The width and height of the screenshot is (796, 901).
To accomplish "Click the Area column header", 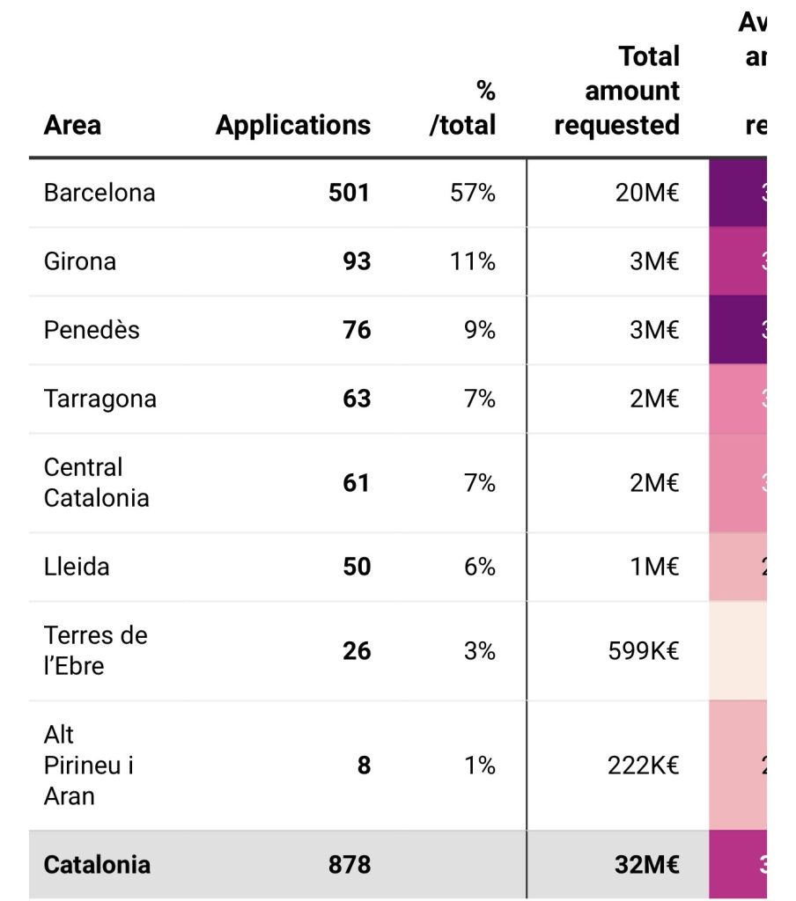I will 72,125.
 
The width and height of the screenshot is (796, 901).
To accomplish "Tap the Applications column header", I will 292,125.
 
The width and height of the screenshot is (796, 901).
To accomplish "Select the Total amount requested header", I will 617,91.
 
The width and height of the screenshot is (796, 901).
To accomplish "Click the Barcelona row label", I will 99,193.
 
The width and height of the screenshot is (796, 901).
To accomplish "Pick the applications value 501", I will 349,193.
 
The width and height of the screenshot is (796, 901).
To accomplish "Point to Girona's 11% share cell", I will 473,261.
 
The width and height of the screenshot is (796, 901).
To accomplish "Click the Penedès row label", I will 92,330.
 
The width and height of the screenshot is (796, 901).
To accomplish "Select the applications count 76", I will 357,330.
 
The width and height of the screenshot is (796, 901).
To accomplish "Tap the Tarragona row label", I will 100,399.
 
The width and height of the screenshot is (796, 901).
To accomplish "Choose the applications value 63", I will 357,399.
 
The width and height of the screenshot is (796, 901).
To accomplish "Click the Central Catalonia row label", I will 96,482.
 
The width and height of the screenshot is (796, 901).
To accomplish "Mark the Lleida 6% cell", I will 480,567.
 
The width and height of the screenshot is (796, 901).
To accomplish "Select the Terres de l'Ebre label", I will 95,650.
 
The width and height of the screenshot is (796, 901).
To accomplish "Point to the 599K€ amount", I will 644,651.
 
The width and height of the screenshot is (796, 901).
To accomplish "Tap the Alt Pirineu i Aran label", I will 88,765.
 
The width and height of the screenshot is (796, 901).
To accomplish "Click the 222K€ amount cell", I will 644,765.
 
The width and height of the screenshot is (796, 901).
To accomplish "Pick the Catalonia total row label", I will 97,864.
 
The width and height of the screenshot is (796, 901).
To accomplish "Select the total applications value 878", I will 350,864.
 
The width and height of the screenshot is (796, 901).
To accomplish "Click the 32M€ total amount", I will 647,864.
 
